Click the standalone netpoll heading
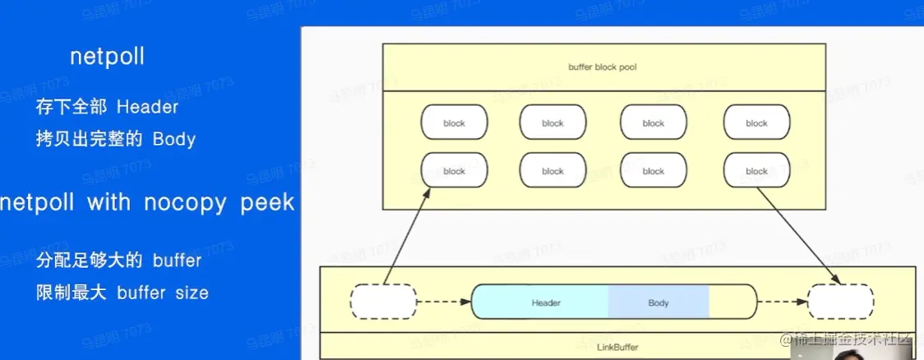(x=108, y=56)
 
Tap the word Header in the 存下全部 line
(x=147, y=107)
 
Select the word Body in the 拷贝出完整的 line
(x=174, y=139)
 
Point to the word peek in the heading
(x=267, y=203)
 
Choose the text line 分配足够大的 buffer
(x=118, y=261)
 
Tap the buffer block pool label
(x=603, y=67)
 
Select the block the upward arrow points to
(x=454, y=171)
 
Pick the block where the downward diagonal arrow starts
(x=756, y=171)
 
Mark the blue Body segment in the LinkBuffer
(x=658, y=302)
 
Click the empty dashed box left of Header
(x=383, y=302)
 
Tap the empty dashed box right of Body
(x=840, y=302)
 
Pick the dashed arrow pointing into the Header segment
(x=444, y=302)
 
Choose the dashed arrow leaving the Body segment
(x=781, y=302)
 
